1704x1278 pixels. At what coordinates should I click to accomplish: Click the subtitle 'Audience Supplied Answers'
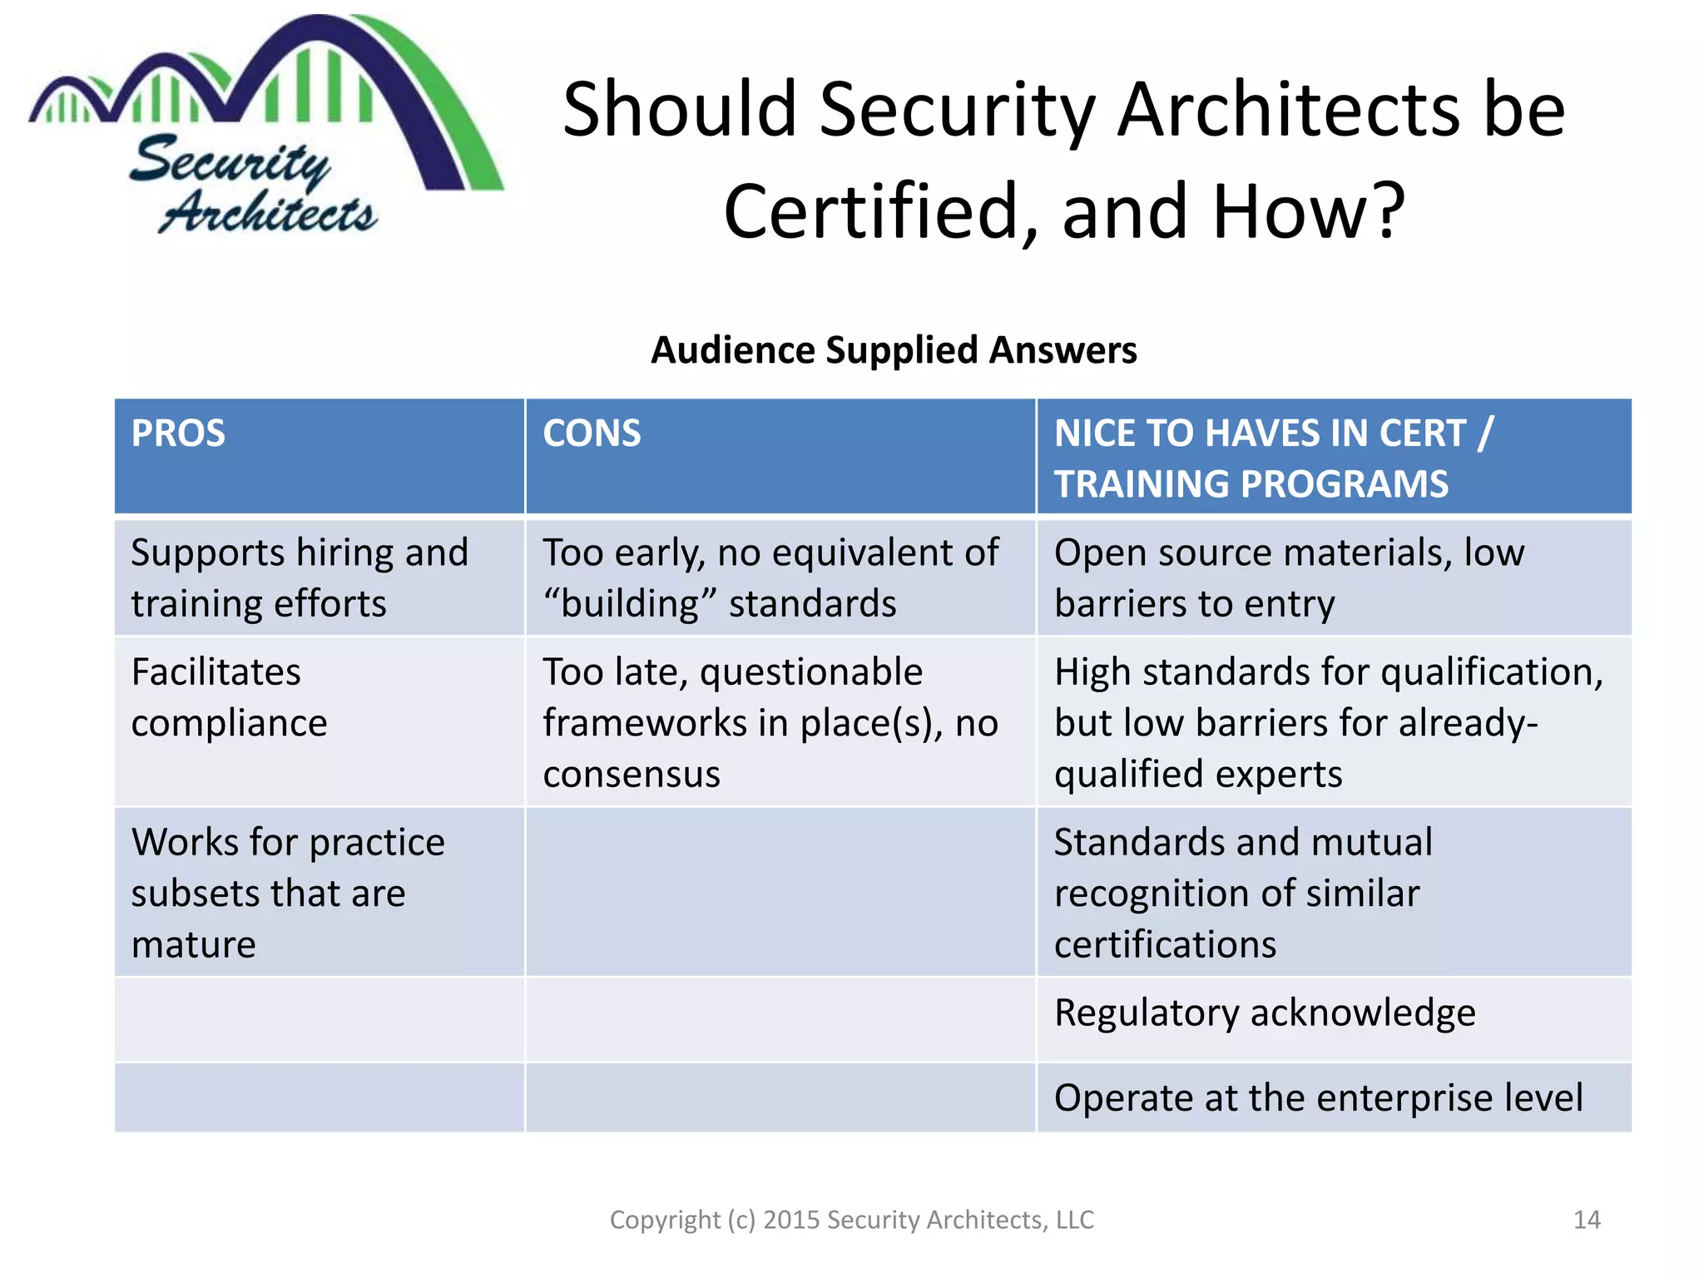(x=894, y=350)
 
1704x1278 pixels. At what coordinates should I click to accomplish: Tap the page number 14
(x=1587, y=1220)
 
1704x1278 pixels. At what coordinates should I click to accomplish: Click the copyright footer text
(x=851, y=1220)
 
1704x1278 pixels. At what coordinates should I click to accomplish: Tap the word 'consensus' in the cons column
(x=632, y=775)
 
